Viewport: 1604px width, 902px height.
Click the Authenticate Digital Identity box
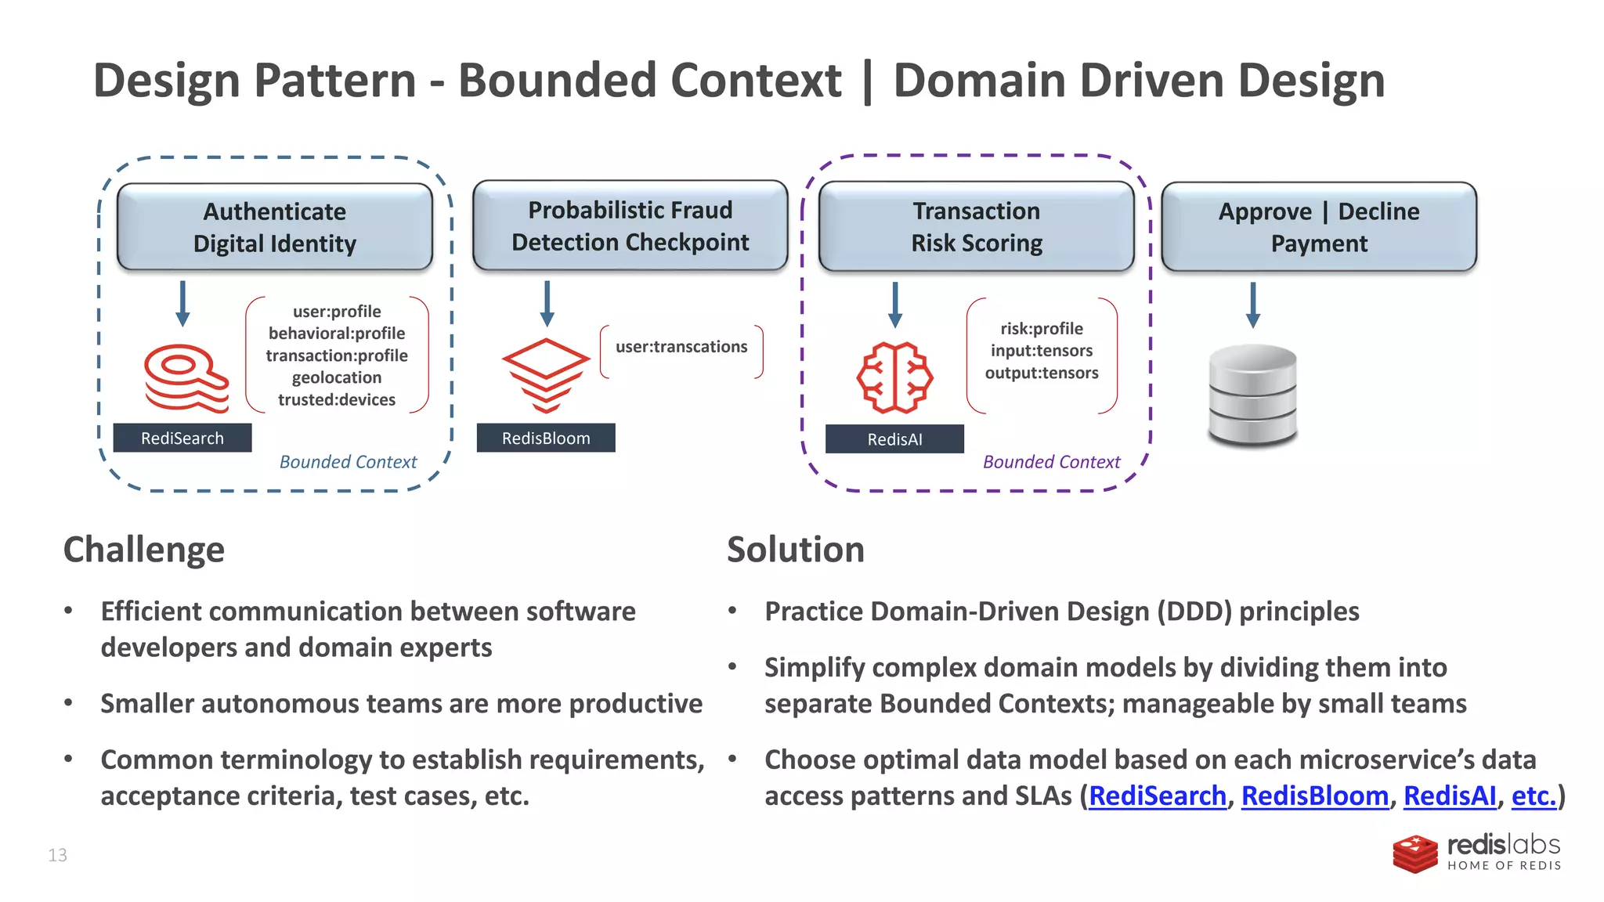point(274,227)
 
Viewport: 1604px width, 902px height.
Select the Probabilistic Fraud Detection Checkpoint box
point(630,225)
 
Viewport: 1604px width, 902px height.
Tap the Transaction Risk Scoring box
point(976,226)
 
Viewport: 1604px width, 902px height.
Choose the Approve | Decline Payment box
point(1318,227)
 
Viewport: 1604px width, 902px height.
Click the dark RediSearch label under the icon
point(182,438)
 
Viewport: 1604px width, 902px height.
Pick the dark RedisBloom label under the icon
point(545,438)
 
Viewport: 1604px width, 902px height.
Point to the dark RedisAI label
point(894,438)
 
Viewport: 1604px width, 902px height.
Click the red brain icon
point(894,377)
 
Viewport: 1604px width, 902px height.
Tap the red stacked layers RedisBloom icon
point(545,374)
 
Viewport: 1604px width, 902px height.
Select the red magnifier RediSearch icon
point(186,377)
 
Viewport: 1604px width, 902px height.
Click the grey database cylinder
point(1252,395)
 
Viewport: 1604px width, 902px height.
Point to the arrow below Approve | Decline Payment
point(1252,304)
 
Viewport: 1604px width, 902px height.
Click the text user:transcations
point(681,346)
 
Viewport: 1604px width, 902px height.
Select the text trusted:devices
point(337,399)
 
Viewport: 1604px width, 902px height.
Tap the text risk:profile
point(1041,329)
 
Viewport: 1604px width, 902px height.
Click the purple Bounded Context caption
point(1051,462)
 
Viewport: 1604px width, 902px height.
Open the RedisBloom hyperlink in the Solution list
point(1314,796)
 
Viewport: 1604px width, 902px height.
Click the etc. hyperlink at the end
point(1533,796)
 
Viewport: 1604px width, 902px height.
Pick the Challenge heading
point(143,549)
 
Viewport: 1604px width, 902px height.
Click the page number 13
point(57,855)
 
